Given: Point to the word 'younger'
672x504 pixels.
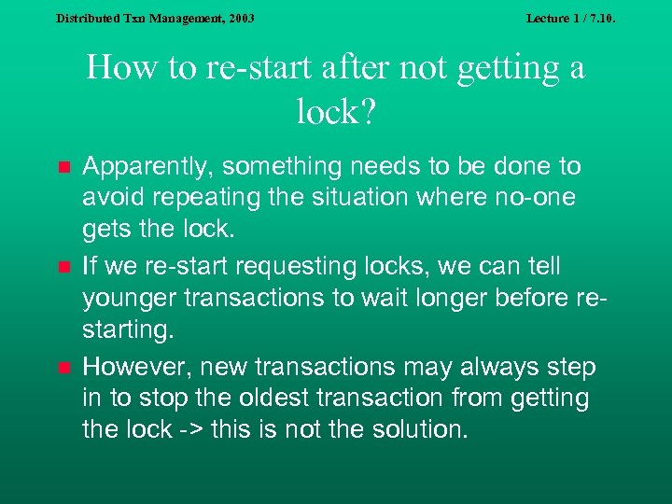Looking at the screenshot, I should [127, 297].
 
